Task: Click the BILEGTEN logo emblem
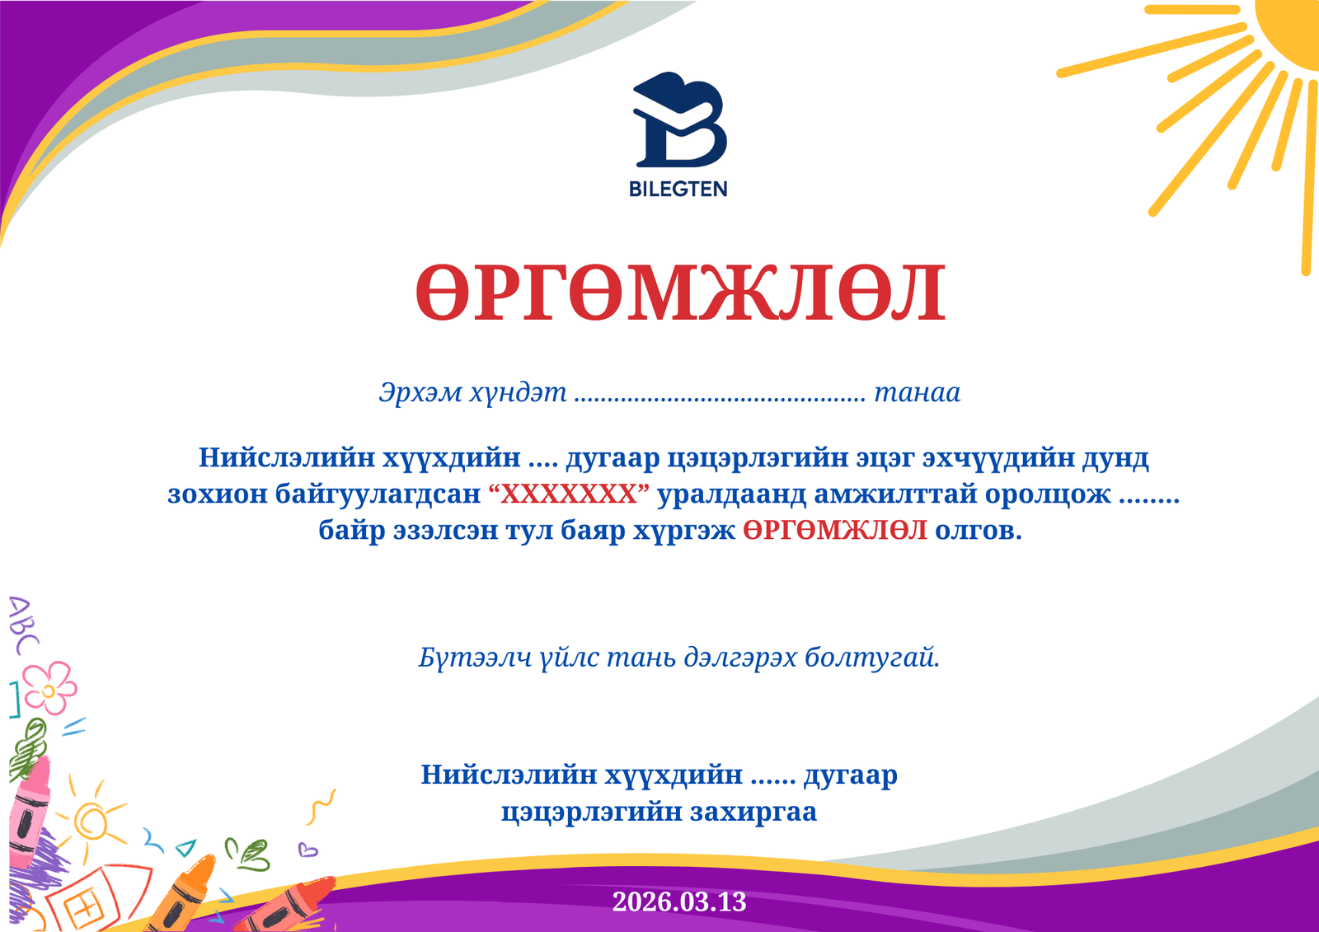[679, 120]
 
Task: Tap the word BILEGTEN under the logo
[678, 190]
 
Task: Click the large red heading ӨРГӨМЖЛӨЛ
[679, 293]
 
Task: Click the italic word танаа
[917, 392]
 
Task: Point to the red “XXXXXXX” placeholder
[569, 494]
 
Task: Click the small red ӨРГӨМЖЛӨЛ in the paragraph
[834, 530]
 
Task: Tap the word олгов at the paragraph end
[978, 530]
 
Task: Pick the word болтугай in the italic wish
[872, 658]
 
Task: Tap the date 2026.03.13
[679, 902]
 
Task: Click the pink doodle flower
[49, 687]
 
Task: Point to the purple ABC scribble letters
[21, 625]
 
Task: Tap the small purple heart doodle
[307, 850]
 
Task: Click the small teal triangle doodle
[187, 847]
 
